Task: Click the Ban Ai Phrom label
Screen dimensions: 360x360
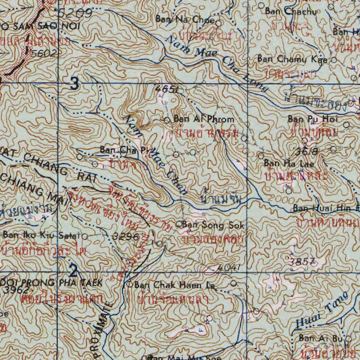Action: click(x=204, y=119)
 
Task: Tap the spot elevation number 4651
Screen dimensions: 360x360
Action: click(x=166, y=90)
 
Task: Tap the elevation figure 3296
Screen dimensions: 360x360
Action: click(x=126, y=237)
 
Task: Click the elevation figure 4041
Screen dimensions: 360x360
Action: click(x=229, y=268)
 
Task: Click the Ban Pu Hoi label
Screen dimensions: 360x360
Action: click(x=313, y=119)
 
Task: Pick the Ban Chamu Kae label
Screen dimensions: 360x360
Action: click(x=292, y=59)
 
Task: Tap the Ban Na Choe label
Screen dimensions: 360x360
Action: click(x=185, y=20)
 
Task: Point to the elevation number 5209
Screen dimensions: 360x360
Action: click(x=75, y=13)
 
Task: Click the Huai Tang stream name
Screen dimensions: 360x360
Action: click(x=321, y=310)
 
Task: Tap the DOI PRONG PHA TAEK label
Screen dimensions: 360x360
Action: click(x=51, y=282)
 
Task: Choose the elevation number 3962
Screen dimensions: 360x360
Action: click(x=17, y=290)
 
